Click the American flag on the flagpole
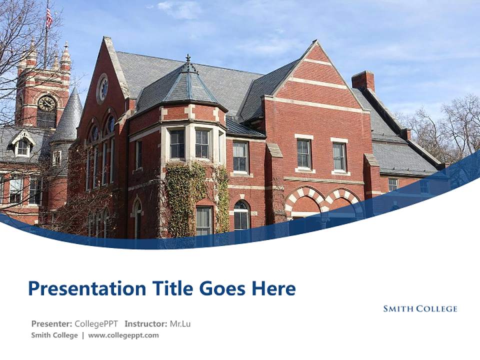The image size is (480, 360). point(49,17)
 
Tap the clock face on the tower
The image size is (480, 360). point(46,103)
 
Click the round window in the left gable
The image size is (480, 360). point(103,88)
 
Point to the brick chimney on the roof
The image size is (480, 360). point(363,80)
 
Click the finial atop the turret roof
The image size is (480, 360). point(188,59)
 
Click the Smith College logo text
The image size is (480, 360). point(420,309)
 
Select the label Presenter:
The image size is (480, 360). point(51,323)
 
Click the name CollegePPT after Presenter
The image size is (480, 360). point(96,323)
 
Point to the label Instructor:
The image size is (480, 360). point(145,323)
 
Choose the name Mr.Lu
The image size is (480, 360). point(180,323)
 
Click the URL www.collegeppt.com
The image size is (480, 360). point(123,335)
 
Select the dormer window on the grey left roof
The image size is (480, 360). point(23,145)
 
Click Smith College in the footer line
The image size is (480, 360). point(54,335)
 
